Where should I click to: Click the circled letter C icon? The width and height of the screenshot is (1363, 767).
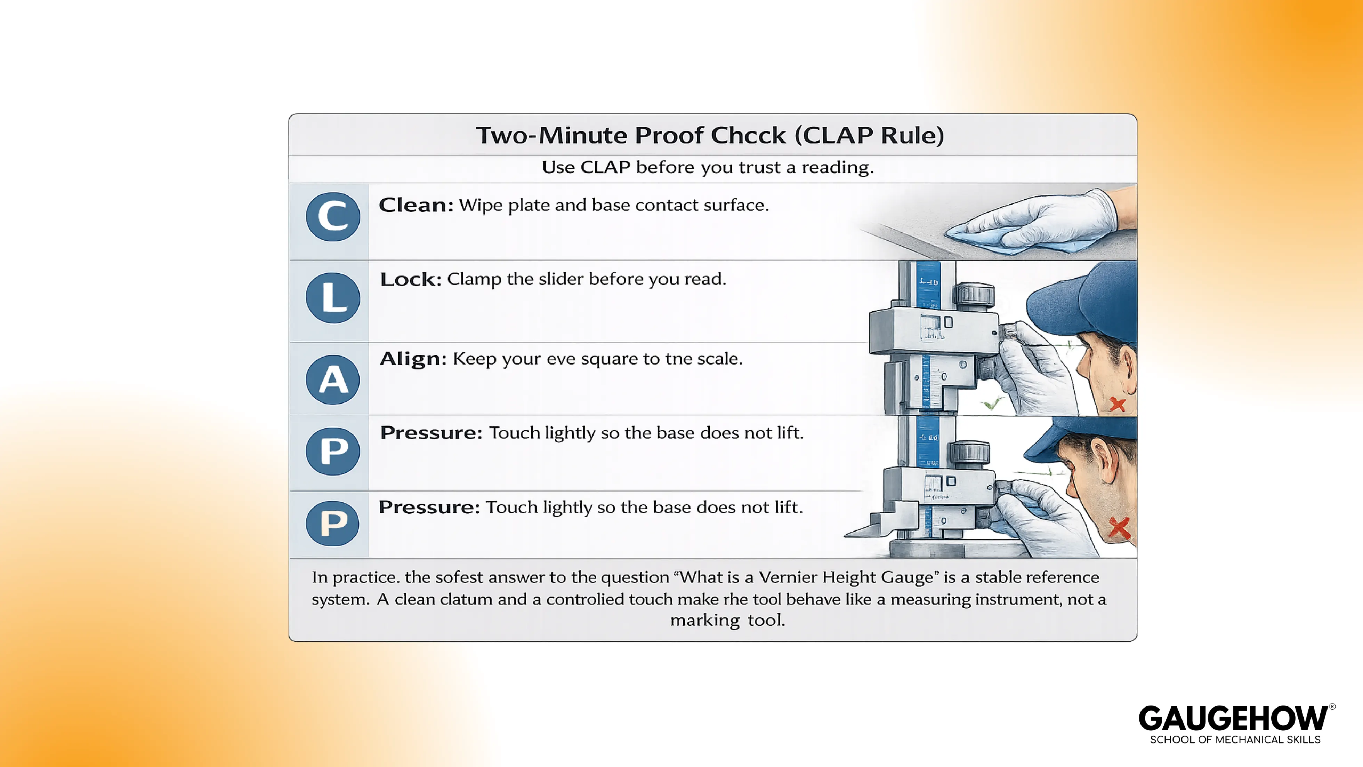coord(333,216)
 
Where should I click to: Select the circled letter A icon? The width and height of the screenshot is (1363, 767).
coord(333,379)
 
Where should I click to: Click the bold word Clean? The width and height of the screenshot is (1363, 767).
coord(416,205)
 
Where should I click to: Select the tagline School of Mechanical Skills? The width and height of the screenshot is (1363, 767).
coord(1235,740)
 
